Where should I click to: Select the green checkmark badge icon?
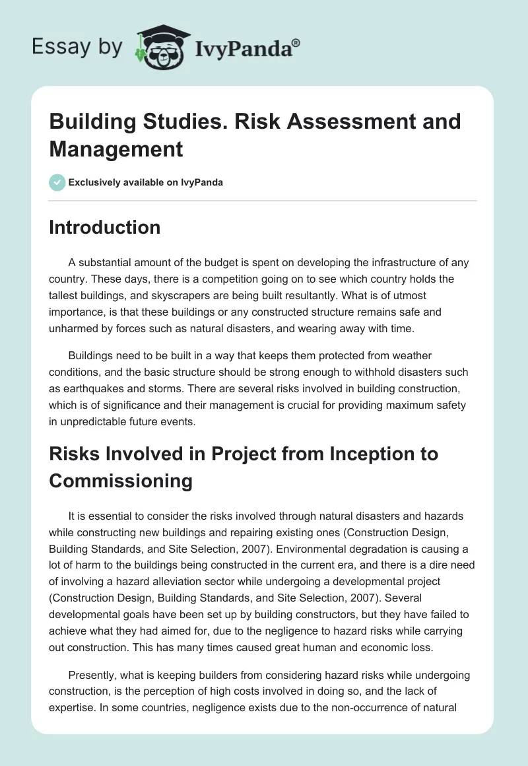point(57,182)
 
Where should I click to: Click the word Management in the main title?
point(115,149)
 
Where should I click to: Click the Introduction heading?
point(105,227)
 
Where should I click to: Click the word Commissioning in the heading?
point(121,481)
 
